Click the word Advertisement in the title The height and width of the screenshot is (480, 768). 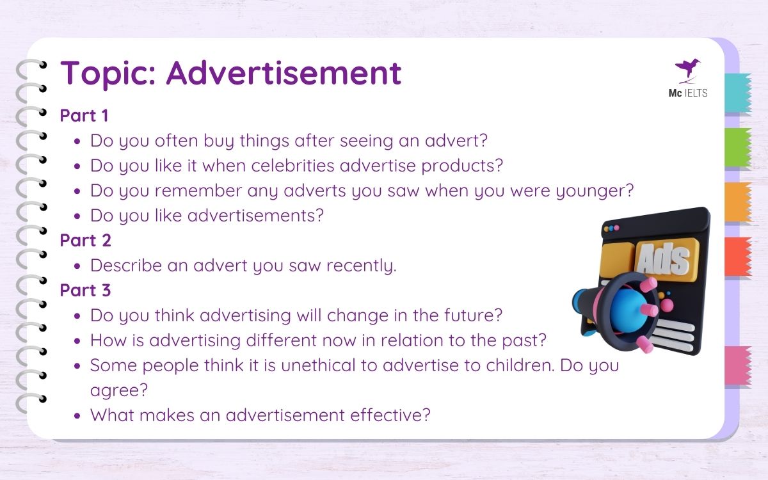click(284, 73)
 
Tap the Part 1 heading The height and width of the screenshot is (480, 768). click(85, 116)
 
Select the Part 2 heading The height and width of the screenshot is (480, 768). click(85, 241)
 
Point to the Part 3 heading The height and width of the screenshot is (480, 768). click(85, 290)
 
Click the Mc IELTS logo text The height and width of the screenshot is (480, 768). click(688, 93)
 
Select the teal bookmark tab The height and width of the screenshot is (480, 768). click(737, 93)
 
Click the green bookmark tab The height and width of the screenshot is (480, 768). click(737, 147)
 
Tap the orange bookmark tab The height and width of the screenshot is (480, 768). click(737, 202)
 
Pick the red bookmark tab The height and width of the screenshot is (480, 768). click(737, 257)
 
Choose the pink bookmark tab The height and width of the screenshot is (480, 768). click(737, 366)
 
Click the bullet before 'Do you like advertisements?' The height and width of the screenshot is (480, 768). click(77, 216)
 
